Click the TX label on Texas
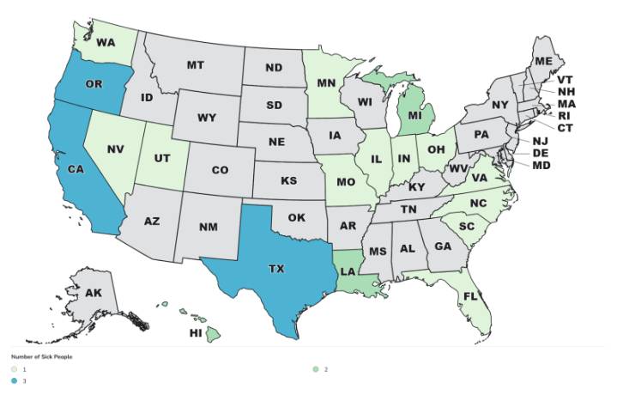(x=275, y=269)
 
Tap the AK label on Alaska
(x=94, y=294)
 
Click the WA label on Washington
(x=106, y=42)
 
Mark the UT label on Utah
(x=163, y=159)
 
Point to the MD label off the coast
(x=541, y=165)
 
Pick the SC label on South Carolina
(x=467, y=226)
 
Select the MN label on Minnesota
(x=324, y=83)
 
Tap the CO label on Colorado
(x=220, y=170)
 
